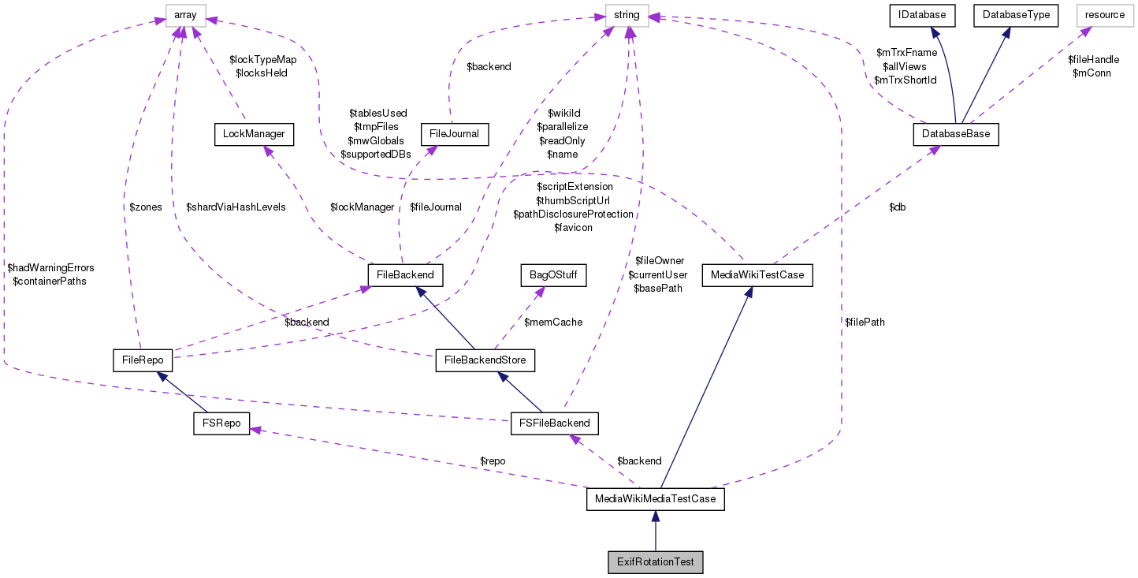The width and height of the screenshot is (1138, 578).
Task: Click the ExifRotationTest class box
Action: click(x=656, y=562)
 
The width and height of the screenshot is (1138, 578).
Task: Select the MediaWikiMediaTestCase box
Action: click(x=656, y=500)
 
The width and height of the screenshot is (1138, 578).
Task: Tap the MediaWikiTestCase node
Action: click(x=757, y=275)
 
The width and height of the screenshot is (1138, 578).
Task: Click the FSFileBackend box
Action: click(x=555, y=423)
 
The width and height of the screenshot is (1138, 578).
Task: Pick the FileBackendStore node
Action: click(x=485, y=361)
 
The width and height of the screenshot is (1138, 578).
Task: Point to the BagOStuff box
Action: click(x=553, y=275)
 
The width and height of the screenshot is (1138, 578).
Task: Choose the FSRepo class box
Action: click(x=221, y=423)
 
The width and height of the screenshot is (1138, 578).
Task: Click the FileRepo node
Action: click(x=143, y=360)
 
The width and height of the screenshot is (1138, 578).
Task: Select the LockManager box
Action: click(x=254, y=135)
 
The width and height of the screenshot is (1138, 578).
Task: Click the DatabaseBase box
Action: click(x=956, y=135)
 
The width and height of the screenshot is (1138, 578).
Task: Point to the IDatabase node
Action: click(x=922, y=14)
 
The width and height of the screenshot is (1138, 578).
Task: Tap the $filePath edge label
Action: click(x=865, y=322)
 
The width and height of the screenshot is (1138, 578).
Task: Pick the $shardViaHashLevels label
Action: click(x=236, y=207)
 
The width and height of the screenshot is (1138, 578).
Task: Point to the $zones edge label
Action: click(x=145, y=207)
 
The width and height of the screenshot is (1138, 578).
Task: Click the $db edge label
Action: click(x=897, y=207)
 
